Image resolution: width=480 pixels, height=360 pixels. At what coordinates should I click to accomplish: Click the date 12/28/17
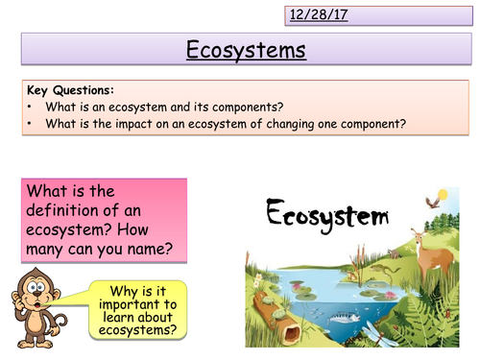[318, 14]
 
